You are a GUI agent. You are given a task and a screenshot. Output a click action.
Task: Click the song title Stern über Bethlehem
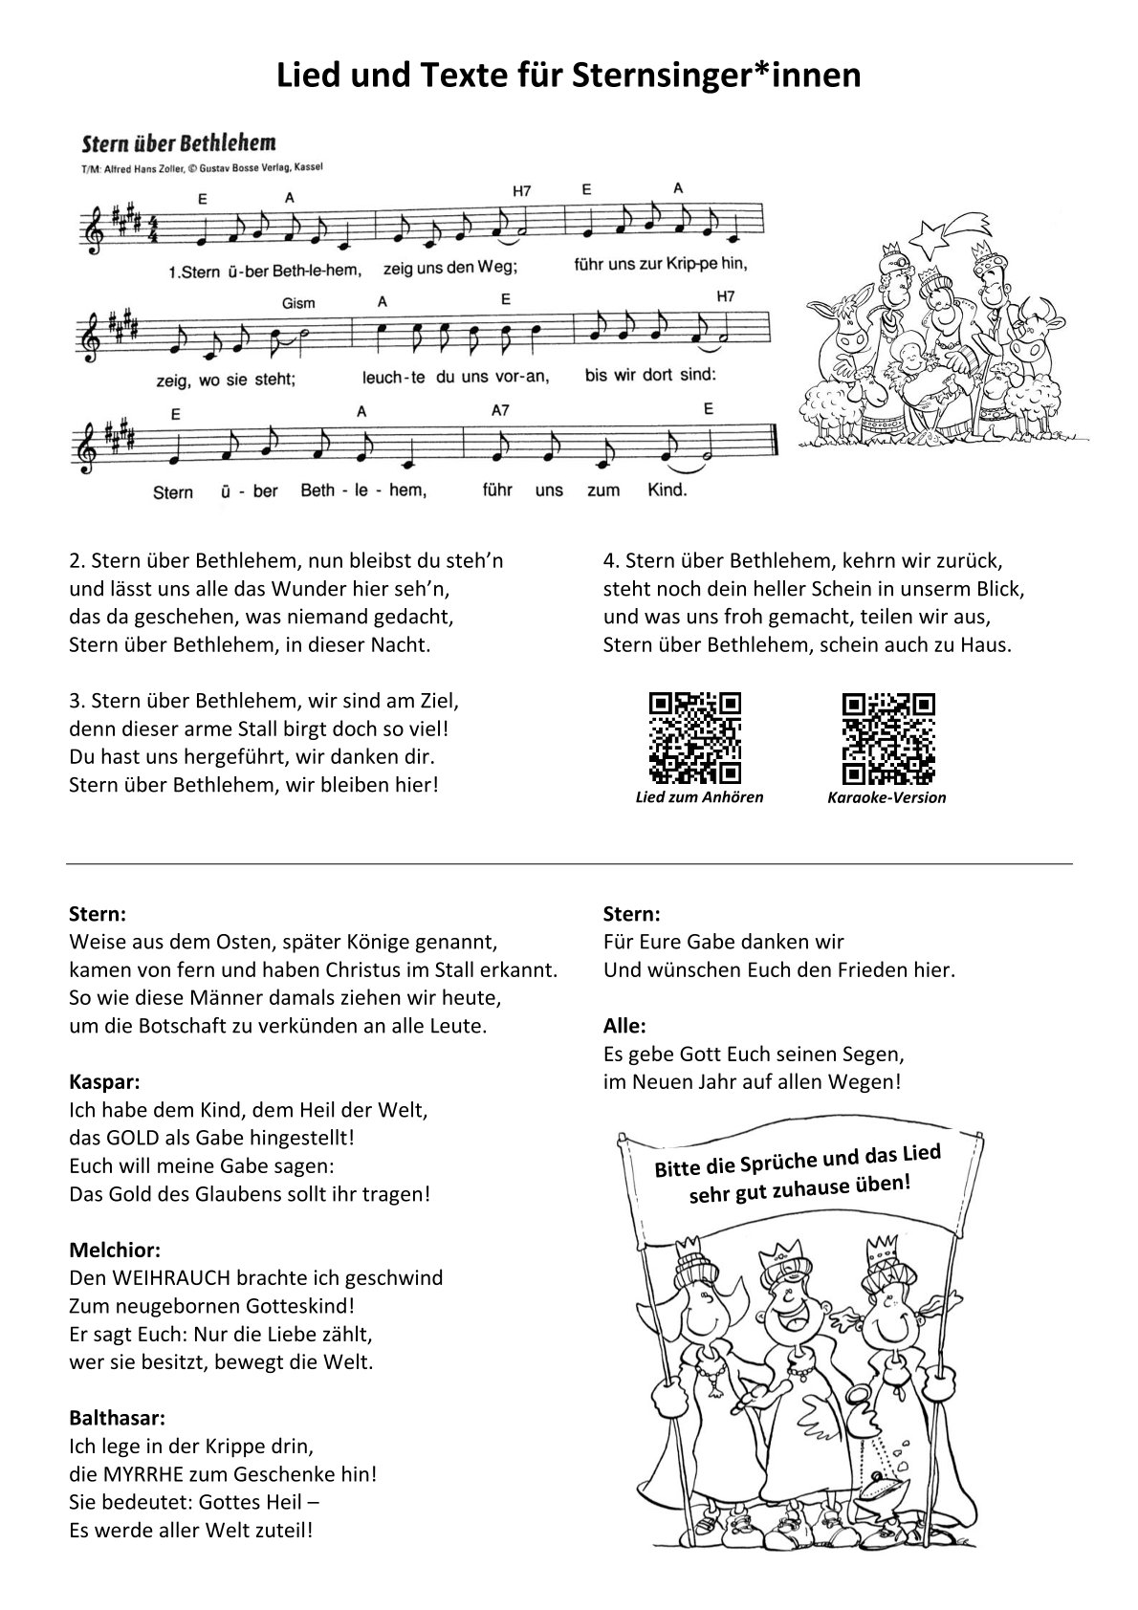179,144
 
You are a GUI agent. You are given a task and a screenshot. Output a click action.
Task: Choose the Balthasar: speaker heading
118,1417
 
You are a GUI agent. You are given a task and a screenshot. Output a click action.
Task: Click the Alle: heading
624,1026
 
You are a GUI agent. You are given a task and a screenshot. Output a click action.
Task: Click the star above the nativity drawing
929,234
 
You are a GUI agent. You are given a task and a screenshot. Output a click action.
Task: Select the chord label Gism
298,303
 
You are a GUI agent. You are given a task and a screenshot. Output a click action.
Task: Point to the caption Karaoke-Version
886,797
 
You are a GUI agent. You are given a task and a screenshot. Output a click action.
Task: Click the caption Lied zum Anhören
699,796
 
